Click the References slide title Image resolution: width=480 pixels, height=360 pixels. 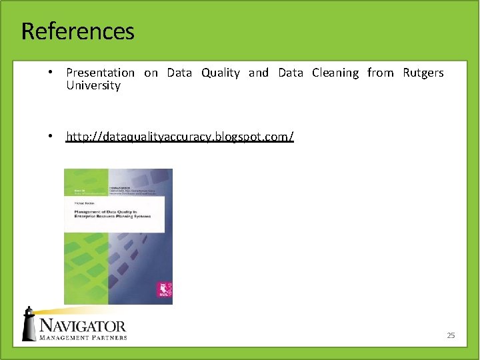[x=77, y=31]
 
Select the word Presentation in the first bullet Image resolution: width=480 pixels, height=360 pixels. [x=100, y=73]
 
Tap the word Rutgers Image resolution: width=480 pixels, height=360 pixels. [x=423, y=73]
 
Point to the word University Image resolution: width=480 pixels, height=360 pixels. [x=93, y=85]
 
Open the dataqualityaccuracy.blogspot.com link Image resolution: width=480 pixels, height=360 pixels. [x=179, y=137]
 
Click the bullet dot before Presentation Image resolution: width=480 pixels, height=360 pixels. [x=50, y=72]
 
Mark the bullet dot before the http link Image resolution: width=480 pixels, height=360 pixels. [x=50, y=136]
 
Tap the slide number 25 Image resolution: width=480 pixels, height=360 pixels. [x=451, y=335]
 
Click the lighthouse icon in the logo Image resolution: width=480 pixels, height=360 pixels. [x=29, y=325]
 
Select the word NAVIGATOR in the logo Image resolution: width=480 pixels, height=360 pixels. [x=82, y=325]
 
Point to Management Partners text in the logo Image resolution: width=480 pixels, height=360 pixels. [x=82, y=337]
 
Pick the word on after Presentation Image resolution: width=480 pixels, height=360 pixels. [x=151, y=73]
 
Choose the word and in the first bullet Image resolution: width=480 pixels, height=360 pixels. [x=258, y=73]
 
